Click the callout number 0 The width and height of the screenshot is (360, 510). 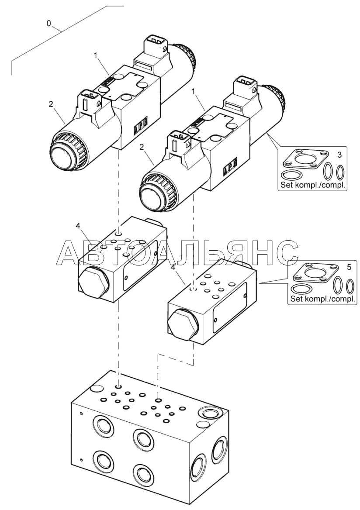point(48,24)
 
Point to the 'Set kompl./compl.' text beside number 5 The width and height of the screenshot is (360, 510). point(322,300)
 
